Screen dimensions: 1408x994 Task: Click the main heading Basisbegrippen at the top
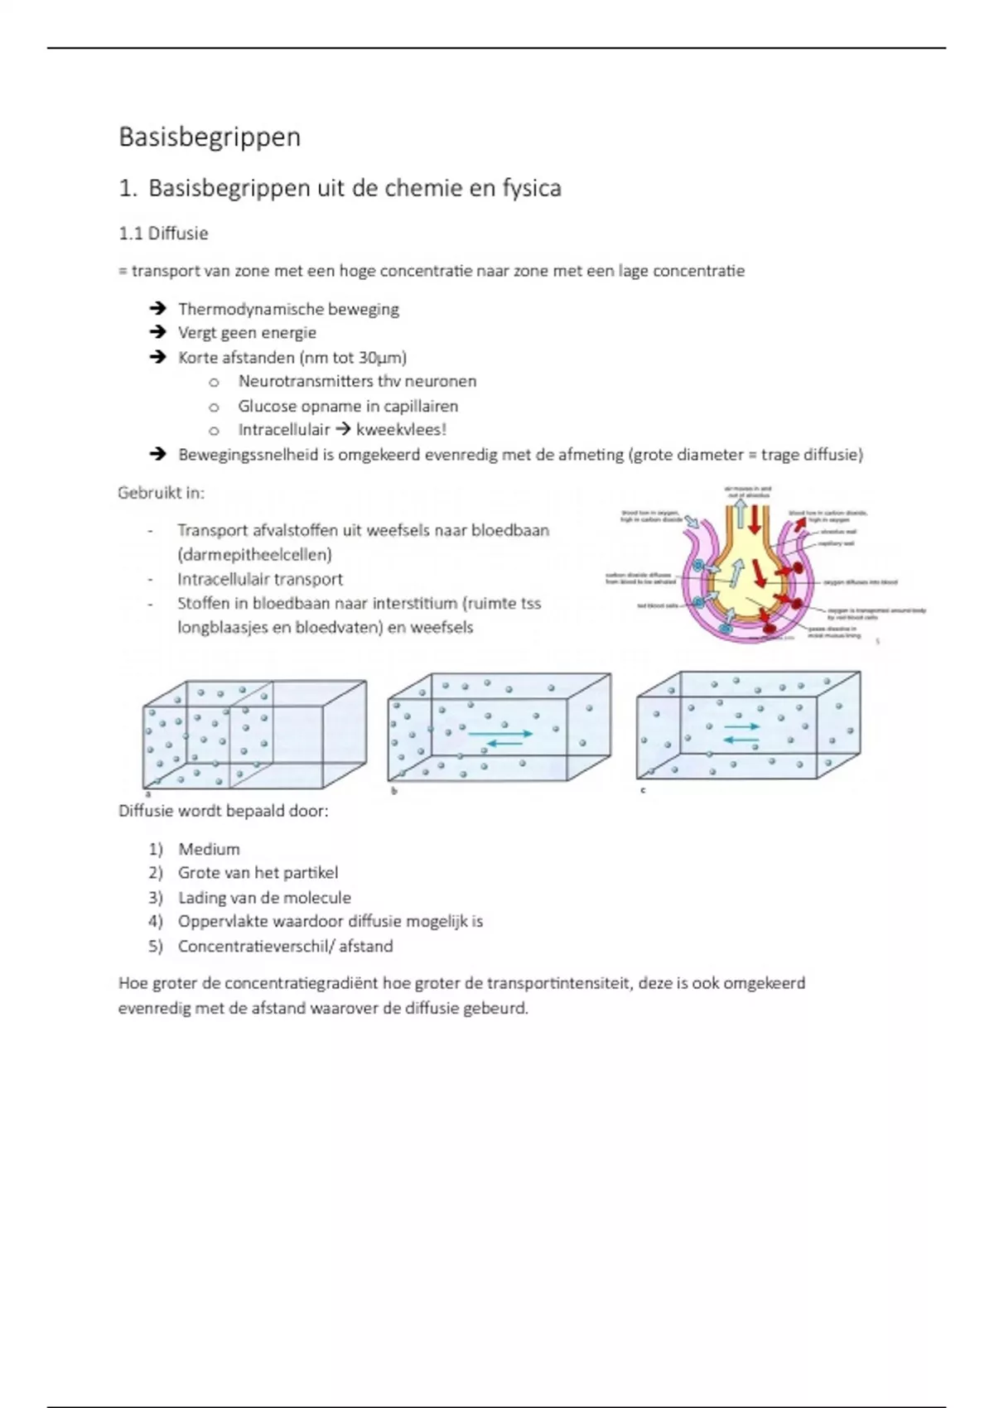pos(210,137)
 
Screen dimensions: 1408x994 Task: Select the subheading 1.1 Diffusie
pos(163,234)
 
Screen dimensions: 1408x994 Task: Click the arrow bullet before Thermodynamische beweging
pos(157,309)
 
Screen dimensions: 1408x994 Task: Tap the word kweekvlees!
pos(401,430)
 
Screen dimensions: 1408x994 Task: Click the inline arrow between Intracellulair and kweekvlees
pos(343,430)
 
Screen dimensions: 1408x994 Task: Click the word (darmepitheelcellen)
pos(254,555)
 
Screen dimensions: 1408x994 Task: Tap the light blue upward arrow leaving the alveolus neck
pos(740,513)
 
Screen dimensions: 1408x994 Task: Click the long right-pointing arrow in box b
pos(500,733)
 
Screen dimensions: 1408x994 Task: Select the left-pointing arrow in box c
pos(741,739)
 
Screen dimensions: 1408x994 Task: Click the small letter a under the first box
pos(147,793)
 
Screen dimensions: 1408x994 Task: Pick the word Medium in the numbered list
pos(209,850)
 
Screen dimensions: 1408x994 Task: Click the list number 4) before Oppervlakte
pos(156,922)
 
